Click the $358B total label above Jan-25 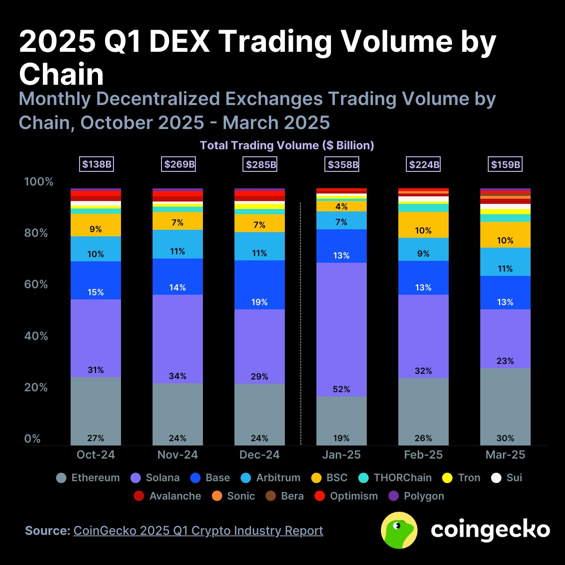pyautogui.click(x=341, y=165)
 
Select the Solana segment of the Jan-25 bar pyautogui.click(x=341, y=330)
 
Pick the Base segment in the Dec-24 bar pyautogui.click(x=259, y=285)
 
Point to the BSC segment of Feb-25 pyautogui.click(x=423, y=225)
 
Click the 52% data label pyautogui.click(x=341, y=389)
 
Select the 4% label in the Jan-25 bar pyautogui.click(x=341, y=207)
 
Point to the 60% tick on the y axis pyautogui.click(x=36, y=284)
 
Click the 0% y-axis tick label pyautogui.click(x=32, y=439)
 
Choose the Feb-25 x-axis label pyautogui.click(x=423, y=455)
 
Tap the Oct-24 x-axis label pyautogui.click(x=96, y=455)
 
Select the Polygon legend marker pyautogui.click(x=394, y=496)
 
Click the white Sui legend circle pyautogui.click(x=496, y=478)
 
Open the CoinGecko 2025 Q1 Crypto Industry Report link pyautogui.click(x=198, y=531)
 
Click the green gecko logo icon pyautogui.click(x=399, y=530)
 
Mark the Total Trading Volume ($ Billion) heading pyautogui.click(x=287, y=145)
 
